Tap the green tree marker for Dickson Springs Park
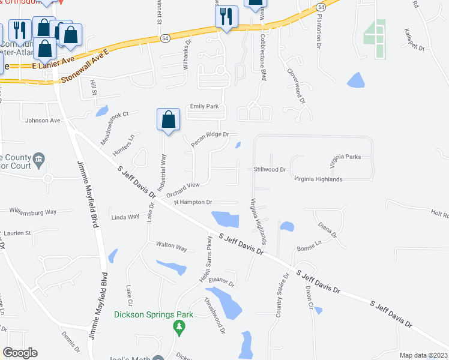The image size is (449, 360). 178,326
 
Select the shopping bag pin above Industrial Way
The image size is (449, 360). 169,119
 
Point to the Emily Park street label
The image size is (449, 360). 204,107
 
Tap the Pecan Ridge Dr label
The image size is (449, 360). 209,139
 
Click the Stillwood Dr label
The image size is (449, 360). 270,170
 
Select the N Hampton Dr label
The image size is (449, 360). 193,203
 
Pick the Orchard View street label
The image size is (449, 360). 178,190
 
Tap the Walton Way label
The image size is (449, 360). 171,245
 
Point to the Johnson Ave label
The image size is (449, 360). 43,120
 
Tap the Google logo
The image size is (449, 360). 20,353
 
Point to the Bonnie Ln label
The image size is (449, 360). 310,245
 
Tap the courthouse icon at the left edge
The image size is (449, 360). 39,159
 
